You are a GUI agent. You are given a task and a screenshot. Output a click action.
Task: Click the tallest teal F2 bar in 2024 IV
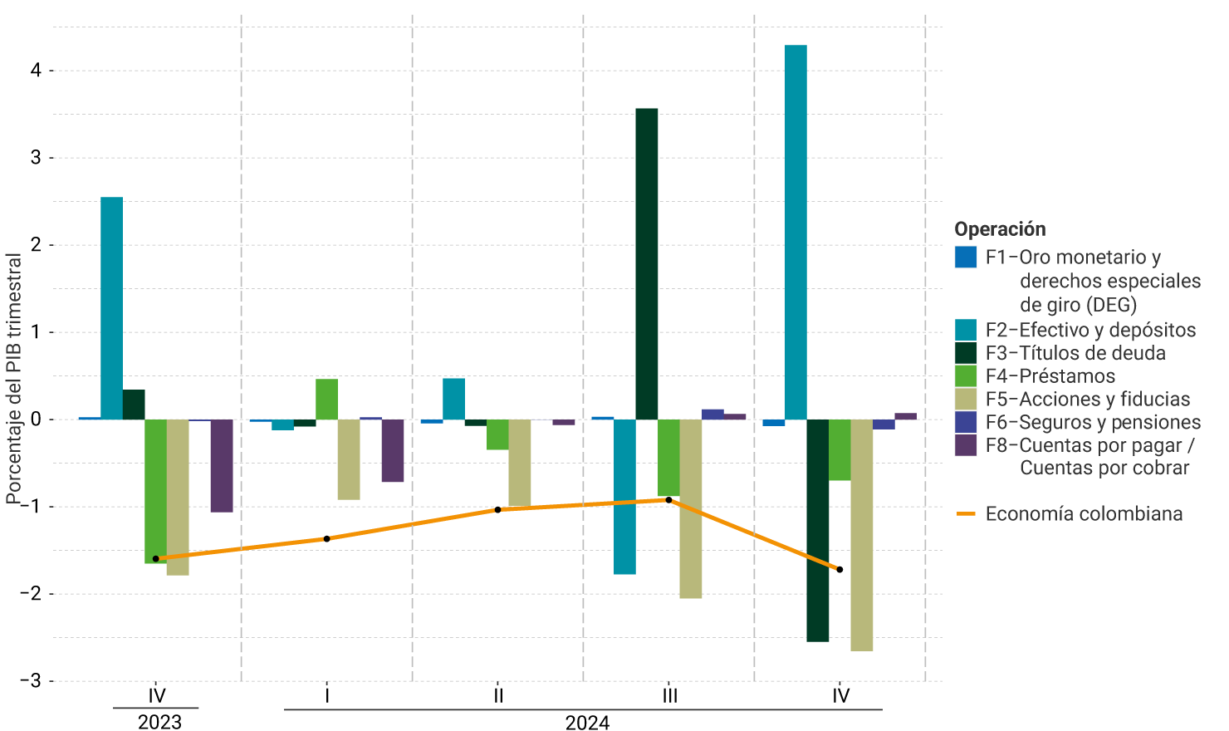pyautogui.click(x=796, y=233)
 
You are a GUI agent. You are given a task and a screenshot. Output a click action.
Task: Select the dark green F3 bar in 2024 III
pyautogui.click(x=646, y=264)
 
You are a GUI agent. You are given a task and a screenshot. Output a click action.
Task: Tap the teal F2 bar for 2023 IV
pyautogui.click(x=111, y=308)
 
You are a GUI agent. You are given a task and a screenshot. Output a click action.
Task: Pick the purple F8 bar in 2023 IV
pyautogui.click(x=222, y=465)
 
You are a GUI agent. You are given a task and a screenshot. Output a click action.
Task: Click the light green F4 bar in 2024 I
pyautogui.click(x=326, y=400)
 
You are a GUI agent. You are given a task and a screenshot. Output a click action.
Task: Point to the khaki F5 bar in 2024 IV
pyautogui.click(x=861, y=535)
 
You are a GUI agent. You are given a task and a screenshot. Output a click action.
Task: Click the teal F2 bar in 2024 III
pyautogui.click(x=624, y=497)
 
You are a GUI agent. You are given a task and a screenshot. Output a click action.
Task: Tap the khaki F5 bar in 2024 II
pyautogui.click(x=519, y=462)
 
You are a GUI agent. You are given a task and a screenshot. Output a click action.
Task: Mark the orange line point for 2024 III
pyautogui.click(x=668, y=500)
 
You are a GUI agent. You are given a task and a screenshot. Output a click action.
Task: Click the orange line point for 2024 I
pyautogui.click(x=326, y=539)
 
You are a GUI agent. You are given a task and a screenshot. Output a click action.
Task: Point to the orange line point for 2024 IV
pyautogui.click(x=840, y=570)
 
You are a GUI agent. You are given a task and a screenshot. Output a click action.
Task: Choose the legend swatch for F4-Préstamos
pyautogui.click(x=966, y=375)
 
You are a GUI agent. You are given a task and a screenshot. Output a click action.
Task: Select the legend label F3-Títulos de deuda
pyautogui.click(x=1075, y=353)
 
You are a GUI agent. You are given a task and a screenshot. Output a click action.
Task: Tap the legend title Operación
pyautogui.click(x=1000, y=229)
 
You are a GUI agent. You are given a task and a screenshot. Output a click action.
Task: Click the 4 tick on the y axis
pyautogui.click(x=36, y=71)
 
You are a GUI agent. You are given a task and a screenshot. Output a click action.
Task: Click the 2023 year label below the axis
pyautogui.click(x=159, y=721)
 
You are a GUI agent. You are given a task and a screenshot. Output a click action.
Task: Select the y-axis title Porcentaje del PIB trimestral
pyautogui.click(x=13, y=378)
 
